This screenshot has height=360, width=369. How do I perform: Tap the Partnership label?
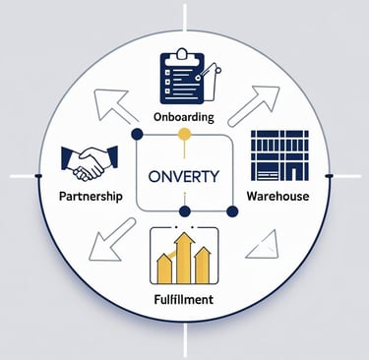click(x=90, y=196)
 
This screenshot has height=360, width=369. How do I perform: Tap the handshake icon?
click(x=91, y=162)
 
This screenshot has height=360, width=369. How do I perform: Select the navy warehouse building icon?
click(x=280, y=157)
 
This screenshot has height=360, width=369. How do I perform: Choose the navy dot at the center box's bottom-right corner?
click(x=232, y=211)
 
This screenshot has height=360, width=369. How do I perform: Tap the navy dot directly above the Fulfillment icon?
click(x=183, y=211)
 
